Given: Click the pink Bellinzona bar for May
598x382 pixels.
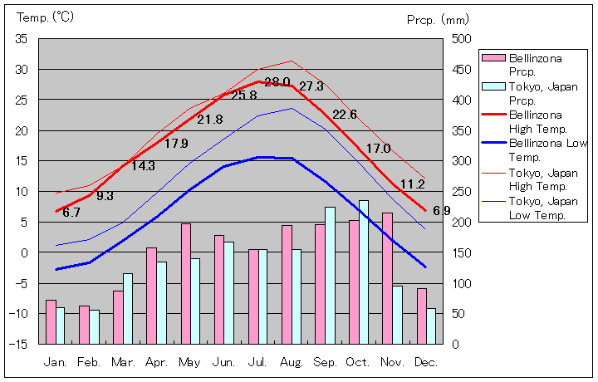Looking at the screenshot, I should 186,283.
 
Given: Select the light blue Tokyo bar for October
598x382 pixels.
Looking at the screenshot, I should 364,272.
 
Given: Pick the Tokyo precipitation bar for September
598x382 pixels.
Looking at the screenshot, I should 330,275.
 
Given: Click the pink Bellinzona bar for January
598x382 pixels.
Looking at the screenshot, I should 51,321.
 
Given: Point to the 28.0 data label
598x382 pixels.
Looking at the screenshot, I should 277,82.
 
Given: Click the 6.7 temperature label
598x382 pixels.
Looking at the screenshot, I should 71,213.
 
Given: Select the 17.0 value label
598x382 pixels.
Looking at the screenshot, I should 378,149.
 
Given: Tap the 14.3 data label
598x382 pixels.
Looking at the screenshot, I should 143,166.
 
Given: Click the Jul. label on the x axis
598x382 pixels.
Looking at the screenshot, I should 257,362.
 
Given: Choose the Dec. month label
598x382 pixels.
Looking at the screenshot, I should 426,362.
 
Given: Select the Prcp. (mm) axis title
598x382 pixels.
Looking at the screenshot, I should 438,19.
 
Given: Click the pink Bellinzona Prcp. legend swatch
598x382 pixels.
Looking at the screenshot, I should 493,58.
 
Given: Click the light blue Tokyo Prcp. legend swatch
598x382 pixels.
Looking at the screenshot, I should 493,86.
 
